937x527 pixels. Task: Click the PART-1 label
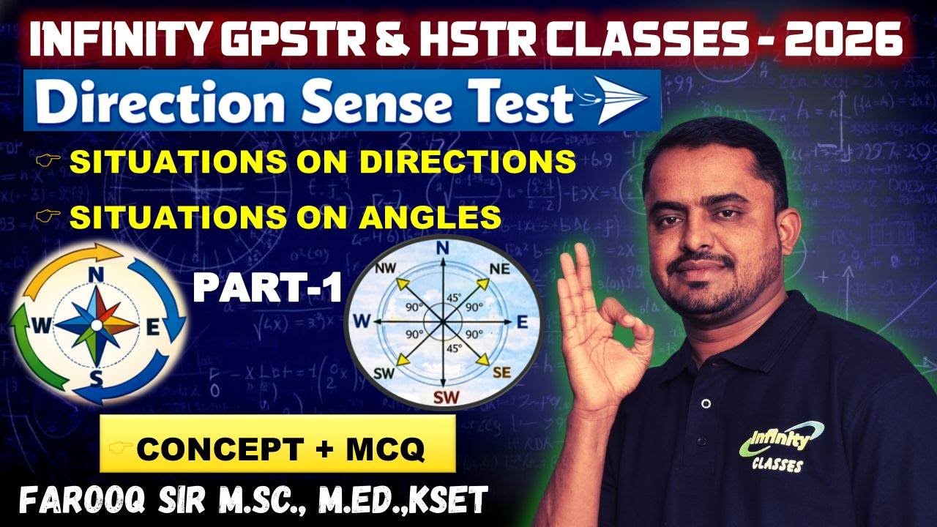click(268, 288)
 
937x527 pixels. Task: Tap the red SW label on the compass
click(442, 398)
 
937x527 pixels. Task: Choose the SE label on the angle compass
click(501, 373)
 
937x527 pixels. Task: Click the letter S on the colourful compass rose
click(96, 377)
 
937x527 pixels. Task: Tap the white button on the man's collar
click(705, 403)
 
